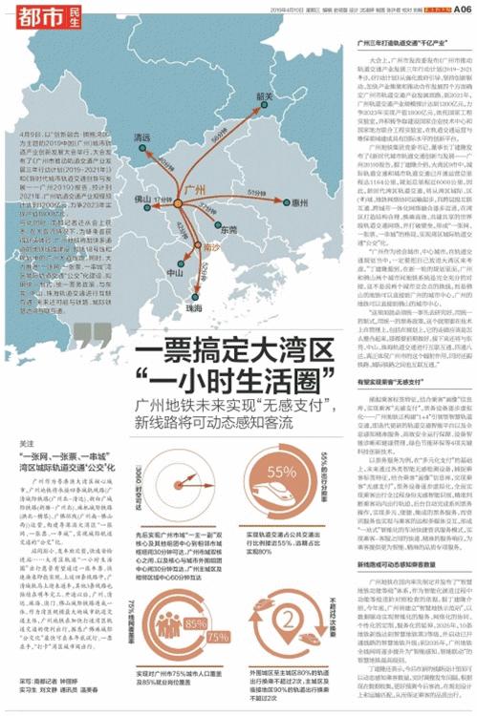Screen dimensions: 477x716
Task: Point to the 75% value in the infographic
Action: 218,637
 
